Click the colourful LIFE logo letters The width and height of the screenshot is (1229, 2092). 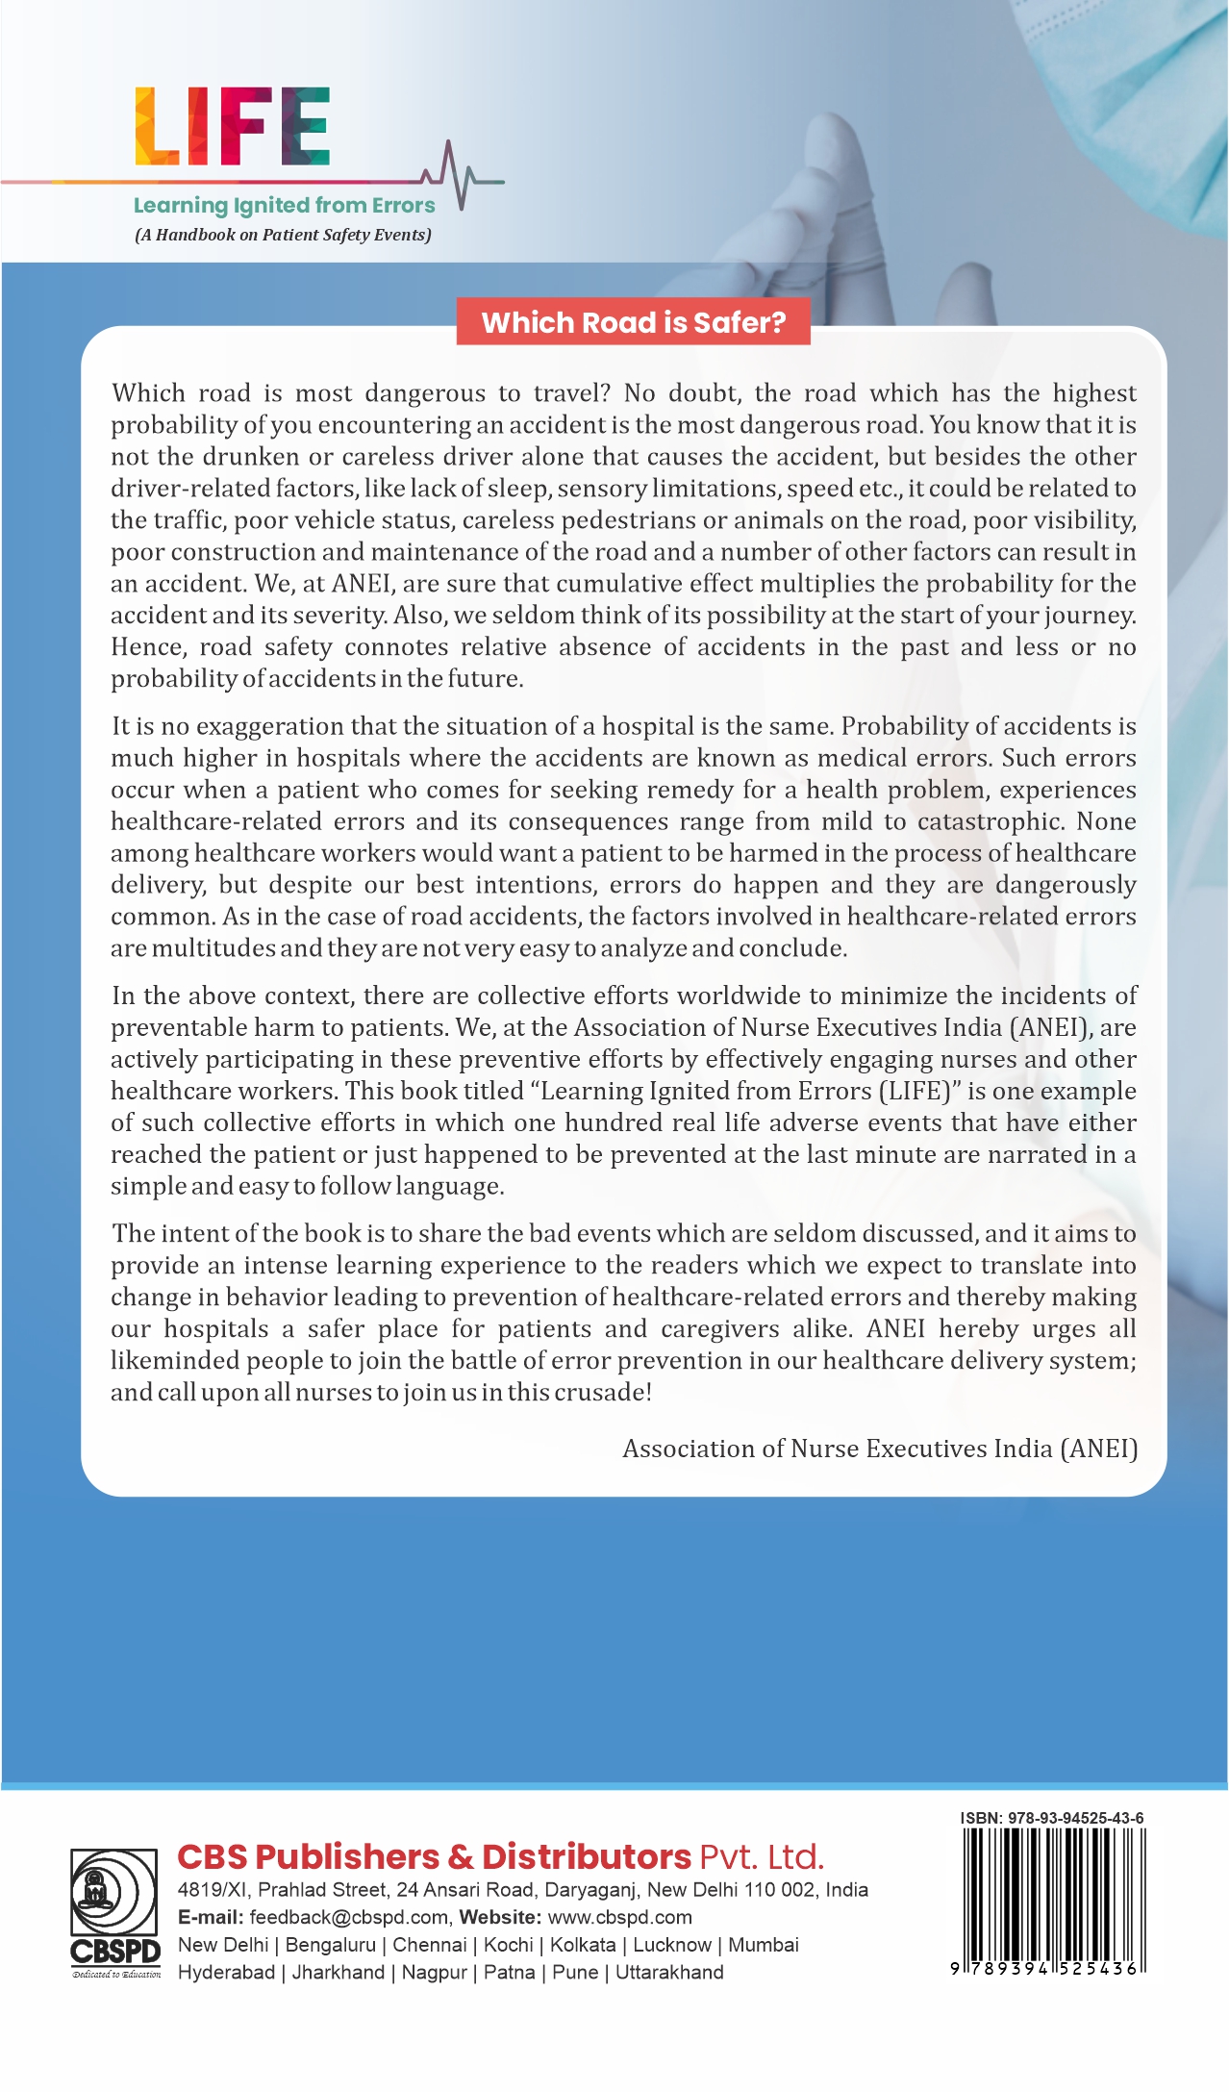[233, 126]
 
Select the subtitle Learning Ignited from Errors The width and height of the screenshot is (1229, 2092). [284, 205]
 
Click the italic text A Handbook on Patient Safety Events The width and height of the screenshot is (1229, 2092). [283, 235]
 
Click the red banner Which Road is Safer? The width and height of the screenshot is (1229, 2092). [633, 322]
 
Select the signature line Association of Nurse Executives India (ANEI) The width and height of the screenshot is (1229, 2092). [879, 1449]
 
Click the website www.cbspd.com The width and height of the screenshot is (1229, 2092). [619, 1917]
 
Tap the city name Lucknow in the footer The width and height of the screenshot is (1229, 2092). [671, 1945]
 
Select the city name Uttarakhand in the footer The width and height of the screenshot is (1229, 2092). [669, 1973]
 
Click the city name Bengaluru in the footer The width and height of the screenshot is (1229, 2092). [330, 1945]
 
